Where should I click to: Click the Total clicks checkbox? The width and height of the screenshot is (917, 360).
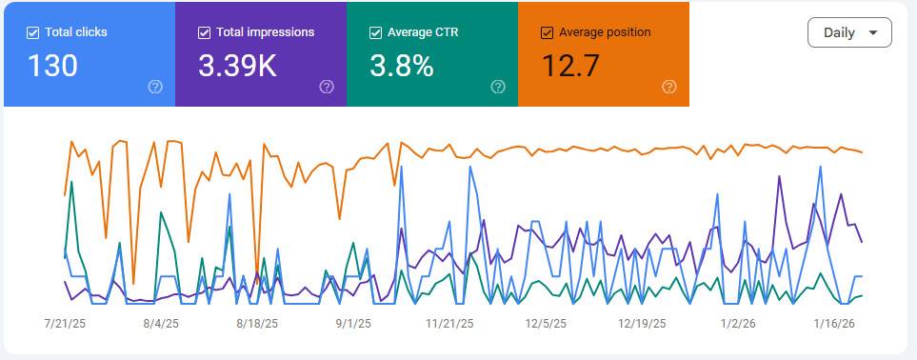[33, 32]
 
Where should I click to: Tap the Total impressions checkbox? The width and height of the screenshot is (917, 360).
[204, 32]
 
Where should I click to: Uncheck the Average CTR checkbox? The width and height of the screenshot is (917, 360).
[375, 32]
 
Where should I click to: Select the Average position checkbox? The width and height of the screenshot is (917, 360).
[547, 32]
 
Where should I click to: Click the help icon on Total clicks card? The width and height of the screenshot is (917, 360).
[155, 87]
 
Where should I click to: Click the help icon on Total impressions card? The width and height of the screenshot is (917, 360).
[327, 87]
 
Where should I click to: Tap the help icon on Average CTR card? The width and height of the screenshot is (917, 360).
[498, 87]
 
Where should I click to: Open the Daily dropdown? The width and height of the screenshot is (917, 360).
[849, 32]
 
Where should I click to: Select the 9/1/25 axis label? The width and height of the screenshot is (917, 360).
[352, 324]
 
